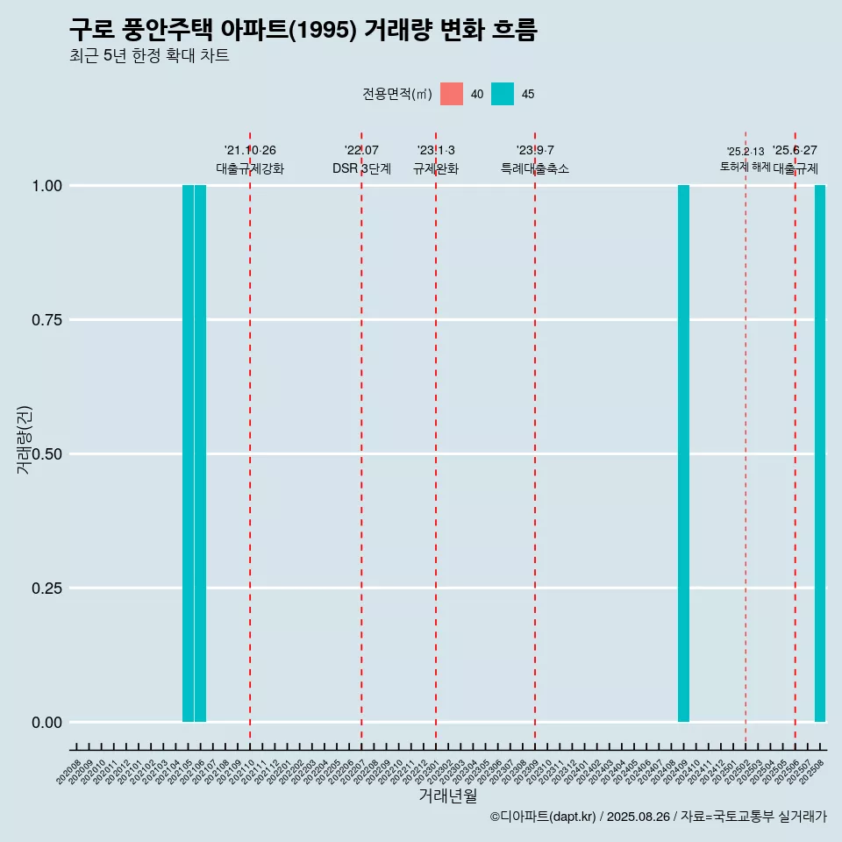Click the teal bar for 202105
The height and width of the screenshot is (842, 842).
188,453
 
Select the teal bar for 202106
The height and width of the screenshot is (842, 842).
200,453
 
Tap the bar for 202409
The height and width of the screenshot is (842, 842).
683,453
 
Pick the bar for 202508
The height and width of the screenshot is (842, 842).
820,453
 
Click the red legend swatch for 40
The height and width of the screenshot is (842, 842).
452,94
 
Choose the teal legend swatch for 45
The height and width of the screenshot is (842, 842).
503,94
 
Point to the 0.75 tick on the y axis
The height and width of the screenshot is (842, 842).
46,320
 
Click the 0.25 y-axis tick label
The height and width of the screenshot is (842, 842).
46,589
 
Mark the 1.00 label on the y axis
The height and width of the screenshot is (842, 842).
46,186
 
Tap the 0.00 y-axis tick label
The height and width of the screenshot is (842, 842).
46,723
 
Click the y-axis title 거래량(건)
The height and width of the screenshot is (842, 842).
24,440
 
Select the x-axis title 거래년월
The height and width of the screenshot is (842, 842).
448,796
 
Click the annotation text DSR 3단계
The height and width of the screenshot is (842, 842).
361,168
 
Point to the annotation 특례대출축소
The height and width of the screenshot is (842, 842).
535,168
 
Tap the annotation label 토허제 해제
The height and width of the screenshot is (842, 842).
746,167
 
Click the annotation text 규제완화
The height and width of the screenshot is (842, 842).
436,168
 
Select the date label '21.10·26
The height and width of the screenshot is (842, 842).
250,151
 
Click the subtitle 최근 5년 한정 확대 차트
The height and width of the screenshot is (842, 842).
149,56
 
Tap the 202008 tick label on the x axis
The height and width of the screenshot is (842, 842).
69,772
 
